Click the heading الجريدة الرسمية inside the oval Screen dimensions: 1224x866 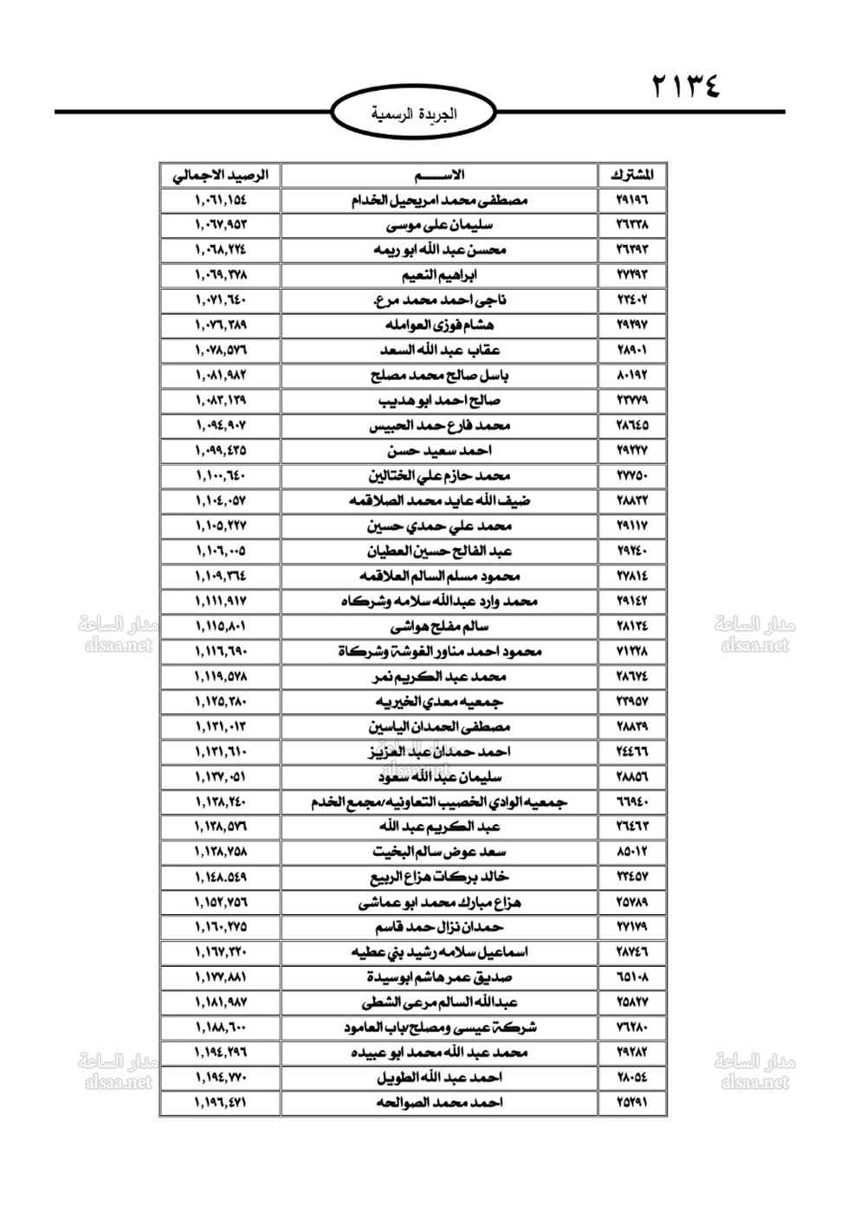(413, 113)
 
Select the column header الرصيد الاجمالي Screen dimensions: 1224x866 (220, 175)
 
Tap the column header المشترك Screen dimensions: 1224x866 (631, 175)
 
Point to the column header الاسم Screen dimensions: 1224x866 (439, 175)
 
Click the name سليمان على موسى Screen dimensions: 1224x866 (439, 225)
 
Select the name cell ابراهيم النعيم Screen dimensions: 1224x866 (439, 275)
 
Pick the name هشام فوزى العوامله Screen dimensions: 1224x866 (439, 325)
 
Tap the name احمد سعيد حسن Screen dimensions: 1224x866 (439, 451)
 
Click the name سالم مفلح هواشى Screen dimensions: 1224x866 (439, 627)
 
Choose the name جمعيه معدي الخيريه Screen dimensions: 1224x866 (439, 702)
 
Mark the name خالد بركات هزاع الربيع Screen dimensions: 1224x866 (439, 878)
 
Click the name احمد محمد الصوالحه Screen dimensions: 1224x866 (439, 1103)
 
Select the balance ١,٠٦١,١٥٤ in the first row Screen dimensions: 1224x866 (220, 200)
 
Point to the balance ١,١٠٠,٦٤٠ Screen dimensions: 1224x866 (220, 476)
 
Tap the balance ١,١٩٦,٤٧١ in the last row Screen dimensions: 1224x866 (220, 1103)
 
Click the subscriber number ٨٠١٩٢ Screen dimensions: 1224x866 (631, 376)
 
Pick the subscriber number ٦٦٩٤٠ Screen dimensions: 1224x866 (631, 802)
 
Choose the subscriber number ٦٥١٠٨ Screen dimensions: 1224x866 (631, 977)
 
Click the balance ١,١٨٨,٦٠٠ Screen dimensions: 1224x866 (220, 1028)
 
